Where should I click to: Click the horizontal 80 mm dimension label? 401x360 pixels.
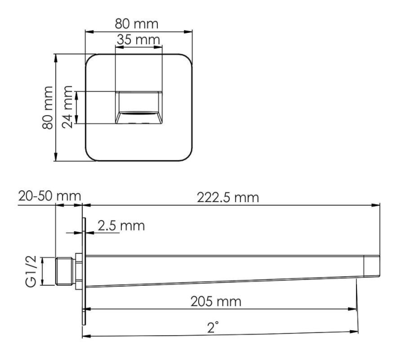coord(137,23)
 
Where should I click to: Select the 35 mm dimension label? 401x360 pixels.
coord(138,40)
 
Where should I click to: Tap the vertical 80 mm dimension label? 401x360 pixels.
coord(48,108)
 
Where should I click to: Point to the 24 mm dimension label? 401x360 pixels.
coord(67,107)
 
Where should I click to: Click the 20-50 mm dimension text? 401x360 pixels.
coord(50,196)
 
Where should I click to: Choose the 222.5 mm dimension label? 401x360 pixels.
coord(228,198)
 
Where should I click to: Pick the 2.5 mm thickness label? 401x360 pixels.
coord(121,226)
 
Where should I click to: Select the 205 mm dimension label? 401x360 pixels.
coord(216,301)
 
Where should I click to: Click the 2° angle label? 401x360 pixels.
coord(213,327)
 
